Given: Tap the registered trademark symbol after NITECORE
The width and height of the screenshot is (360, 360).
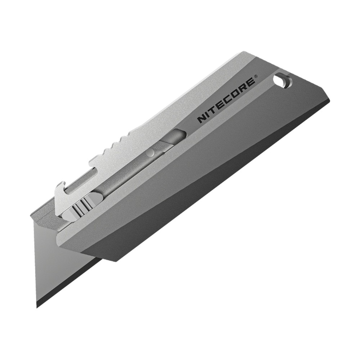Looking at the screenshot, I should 256,76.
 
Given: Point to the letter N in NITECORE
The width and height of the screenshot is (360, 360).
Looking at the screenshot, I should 201,120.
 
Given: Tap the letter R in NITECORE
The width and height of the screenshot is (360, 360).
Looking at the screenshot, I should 244,86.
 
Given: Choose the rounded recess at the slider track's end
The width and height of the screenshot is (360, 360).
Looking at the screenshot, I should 176,136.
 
